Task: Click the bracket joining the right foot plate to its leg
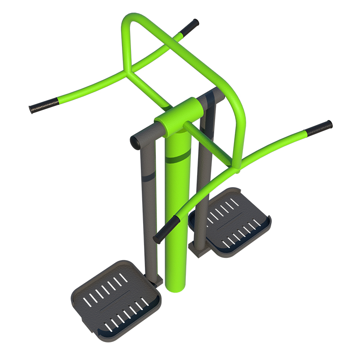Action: (x=198, y=245)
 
